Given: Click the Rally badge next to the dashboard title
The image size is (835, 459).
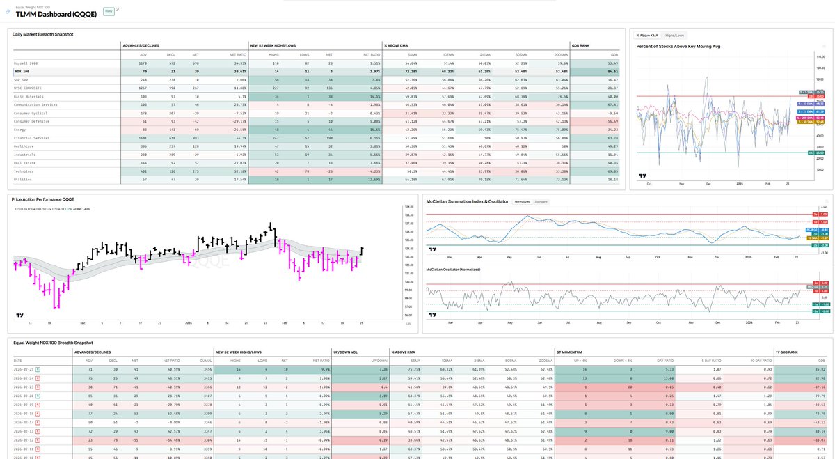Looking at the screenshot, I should [x=109, y=12].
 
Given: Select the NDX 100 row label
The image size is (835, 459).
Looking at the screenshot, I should [x=21, y=71].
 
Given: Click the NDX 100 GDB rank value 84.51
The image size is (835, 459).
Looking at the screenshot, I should [x=613, y=71].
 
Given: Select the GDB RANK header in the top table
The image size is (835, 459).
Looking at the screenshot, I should [x=581, y=45].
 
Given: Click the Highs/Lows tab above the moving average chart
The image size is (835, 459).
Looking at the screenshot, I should [x=674, y=35].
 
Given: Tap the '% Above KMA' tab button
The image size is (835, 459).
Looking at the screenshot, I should [x=646, y=35].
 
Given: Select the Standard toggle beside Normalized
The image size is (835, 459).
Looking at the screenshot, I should [x=541, y=201].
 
